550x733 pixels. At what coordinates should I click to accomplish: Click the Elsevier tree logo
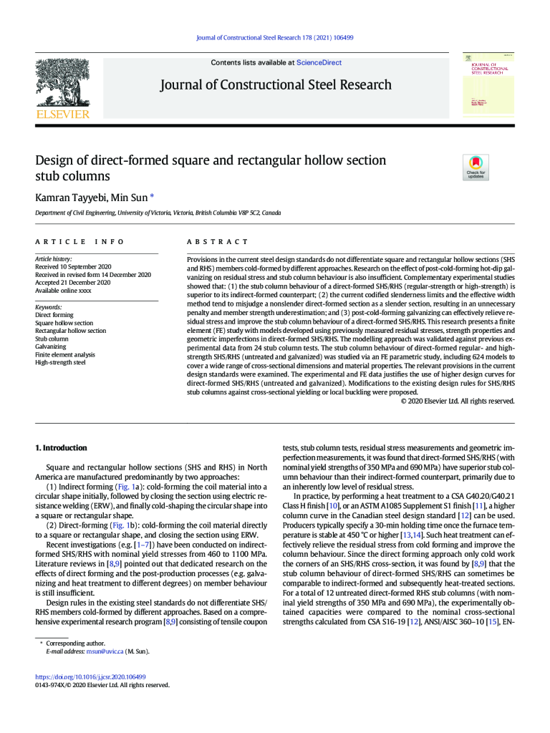pos(63,84)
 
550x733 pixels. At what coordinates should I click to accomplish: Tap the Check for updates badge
pos(476,167)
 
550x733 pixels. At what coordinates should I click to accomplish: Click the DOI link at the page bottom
pos(90,676)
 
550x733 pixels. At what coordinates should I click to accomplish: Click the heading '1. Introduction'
pos(61,448)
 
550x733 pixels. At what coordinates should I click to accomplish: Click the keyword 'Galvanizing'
pos(51,346)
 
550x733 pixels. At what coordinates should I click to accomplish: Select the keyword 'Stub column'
pos(52,339)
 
